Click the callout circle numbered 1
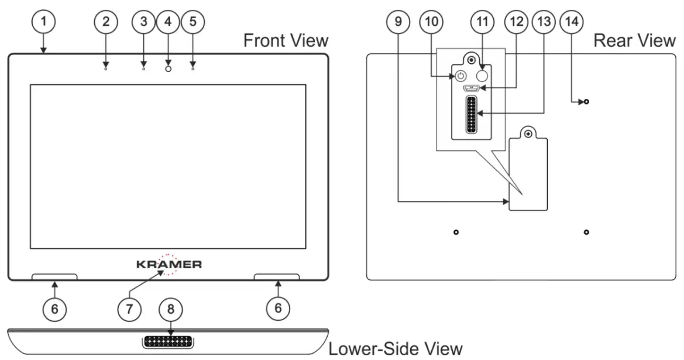click(x=43, y=23)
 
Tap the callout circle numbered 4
click(x=169, y=23)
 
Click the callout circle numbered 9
click(x=399, y=23)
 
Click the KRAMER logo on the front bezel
click(x=169, y=265)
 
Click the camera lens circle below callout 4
click(x=169, y=68)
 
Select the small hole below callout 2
click(x=106, y=68)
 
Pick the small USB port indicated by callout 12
click(x=471, y=89)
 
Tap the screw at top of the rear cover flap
click(x=528, y=134)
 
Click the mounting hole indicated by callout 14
click(x=586, y=102)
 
